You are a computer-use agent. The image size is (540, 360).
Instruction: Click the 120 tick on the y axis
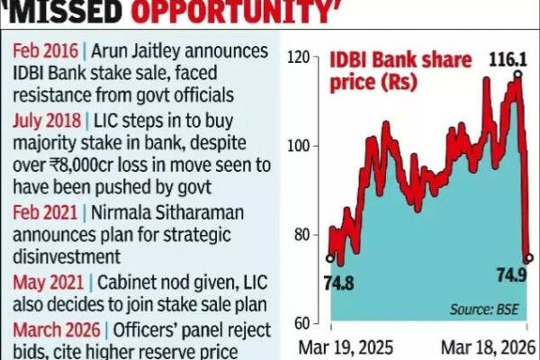pos(297,58)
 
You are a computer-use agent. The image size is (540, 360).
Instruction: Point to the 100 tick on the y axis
pos(297,146)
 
